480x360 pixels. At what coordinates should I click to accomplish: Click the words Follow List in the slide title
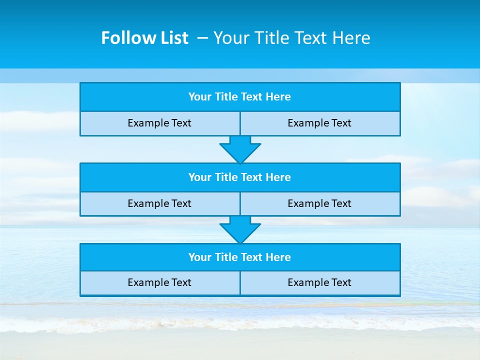[x=144, y=38]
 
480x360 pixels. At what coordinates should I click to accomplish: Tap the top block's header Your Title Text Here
[x=239, y=97]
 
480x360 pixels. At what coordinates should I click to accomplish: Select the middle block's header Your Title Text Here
[x=239, y=177]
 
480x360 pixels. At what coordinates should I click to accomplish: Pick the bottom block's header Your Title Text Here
[x=239, y=257]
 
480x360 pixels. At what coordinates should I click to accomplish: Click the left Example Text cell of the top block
[x=159, y=123]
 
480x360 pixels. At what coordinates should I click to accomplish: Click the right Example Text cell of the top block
[x=319, y=123]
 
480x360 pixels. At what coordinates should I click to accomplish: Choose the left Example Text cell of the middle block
[x=159, y=203]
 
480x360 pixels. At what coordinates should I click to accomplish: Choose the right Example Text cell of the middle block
[x=319, y=203]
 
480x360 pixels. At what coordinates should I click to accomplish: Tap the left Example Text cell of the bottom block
[x=159, y=282]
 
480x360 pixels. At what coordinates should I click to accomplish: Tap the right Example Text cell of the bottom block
[x=319, y=282]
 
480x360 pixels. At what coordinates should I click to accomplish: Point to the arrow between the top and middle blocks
[x=240, y=149]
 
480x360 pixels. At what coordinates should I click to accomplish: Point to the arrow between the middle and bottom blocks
[x=240, y=229]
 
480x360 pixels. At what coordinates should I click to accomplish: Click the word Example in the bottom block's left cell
[x=149, y=282]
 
